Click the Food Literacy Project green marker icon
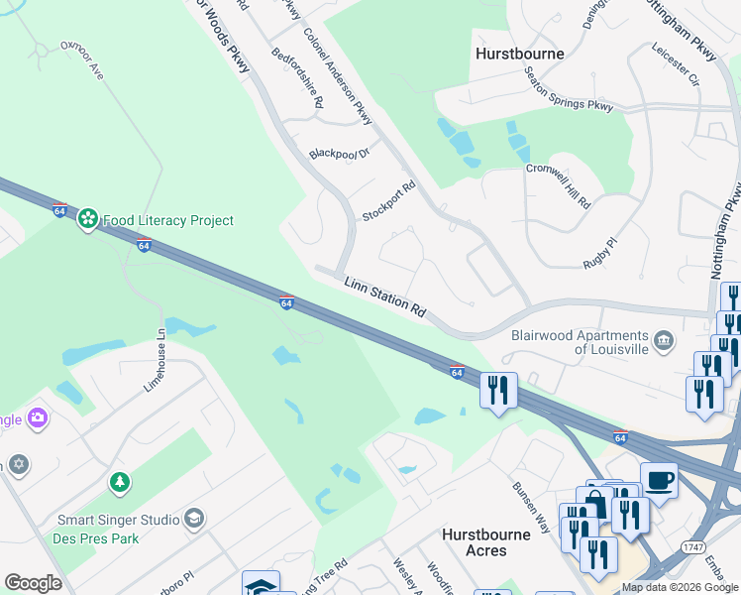coord(88,218)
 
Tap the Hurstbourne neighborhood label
coord(520,54)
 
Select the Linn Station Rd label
coord(384,297)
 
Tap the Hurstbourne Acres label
coord(486,541)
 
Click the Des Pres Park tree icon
coord(120,482)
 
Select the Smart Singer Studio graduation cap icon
coord(195,519)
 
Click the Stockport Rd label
coord(388,201)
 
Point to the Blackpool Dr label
coord(339,154)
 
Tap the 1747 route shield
coord(692,546)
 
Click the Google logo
coord(33,582)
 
